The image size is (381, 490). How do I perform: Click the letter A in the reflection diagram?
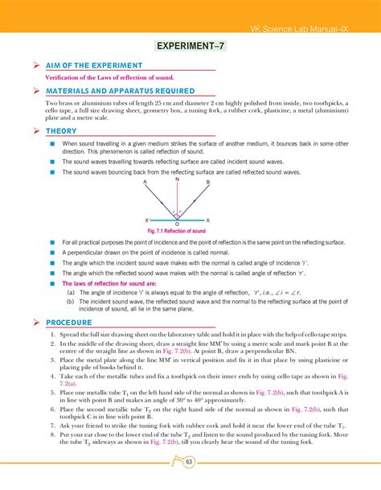coord(145,183)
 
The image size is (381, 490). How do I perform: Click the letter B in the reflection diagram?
coord(207,183)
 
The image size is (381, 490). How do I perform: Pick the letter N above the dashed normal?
coord(177,179)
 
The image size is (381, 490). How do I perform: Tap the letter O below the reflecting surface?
coord(177,224)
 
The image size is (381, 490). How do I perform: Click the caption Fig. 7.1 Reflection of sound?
coord(177,232)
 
